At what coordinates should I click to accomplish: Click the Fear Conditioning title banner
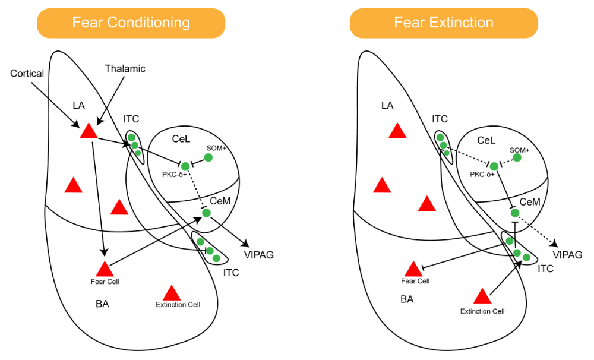(131, 23)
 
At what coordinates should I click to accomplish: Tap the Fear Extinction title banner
(444, 23)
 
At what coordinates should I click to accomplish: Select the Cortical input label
(27, 73)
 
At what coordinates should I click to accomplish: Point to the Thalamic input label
(125, 68)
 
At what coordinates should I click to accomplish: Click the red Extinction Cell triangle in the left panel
(172, 292)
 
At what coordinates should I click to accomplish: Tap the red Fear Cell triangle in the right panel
(413, 269)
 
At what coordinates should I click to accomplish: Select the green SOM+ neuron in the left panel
(208, 157)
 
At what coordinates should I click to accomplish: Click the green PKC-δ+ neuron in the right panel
(494, 166)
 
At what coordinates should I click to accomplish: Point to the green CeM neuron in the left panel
(206, 212)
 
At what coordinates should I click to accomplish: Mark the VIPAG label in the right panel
(568, 255)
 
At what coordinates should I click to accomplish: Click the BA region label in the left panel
(102, 304)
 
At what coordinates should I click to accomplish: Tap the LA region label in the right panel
(387, 106)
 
